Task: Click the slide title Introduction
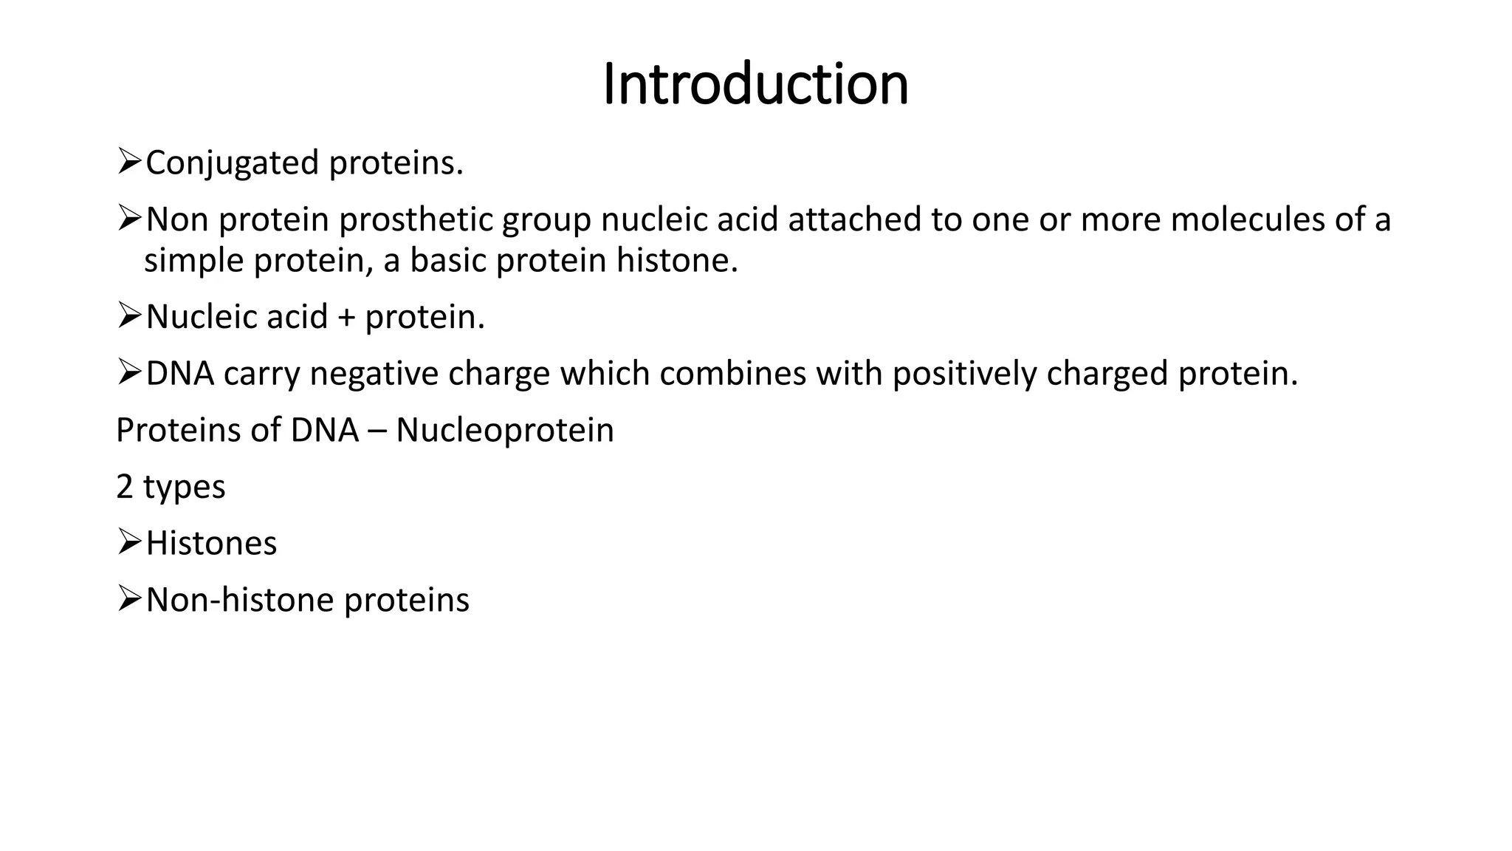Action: point(755,84)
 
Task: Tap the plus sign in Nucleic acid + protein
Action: point(346,318)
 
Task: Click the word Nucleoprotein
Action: point(504,431)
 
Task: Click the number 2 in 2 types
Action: point(125,487)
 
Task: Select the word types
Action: point(184,488)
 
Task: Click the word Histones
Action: point(211,544)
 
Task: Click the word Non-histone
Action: point(240,600)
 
